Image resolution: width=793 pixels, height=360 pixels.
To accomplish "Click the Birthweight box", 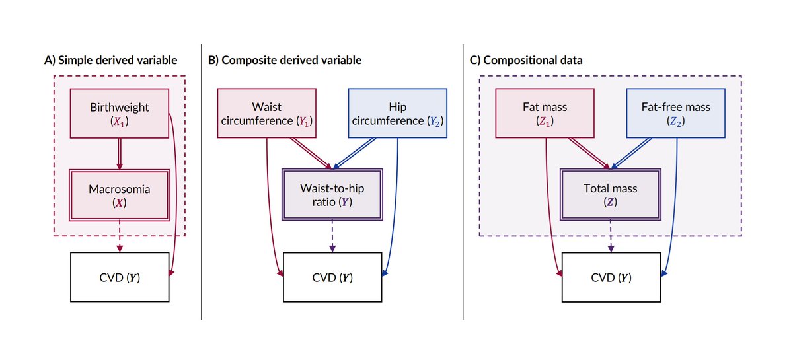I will click(120, 113).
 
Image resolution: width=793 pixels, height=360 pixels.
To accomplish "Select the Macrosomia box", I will click(120, 196).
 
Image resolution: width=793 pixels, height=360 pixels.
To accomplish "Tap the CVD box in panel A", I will click(120, 277).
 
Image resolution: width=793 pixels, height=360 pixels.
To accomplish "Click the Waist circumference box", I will click(266, 113).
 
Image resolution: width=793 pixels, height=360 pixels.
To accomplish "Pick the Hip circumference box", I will click(398, 113).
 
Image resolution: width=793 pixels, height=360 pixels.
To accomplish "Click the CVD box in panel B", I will click(332, 277).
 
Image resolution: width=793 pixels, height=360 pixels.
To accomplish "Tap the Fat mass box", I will click(545, 113).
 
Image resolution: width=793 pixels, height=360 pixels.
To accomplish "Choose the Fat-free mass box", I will click(676, 113).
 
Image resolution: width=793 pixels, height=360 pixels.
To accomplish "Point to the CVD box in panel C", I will click(611, 277).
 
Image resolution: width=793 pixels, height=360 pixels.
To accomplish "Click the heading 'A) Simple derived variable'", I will click(111, 60).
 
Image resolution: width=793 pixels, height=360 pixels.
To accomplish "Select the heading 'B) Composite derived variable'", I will click(285, 60).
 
